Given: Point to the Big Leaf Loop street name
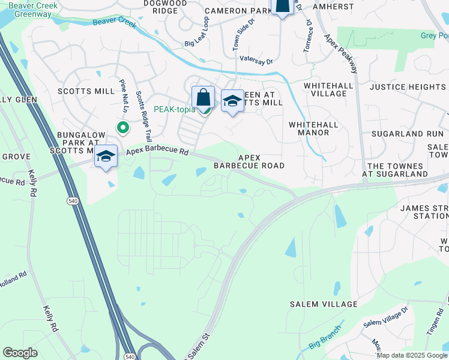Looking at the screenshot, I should tap(197, 31).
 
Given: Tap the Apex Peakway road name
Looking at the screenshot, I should tap(340, 52).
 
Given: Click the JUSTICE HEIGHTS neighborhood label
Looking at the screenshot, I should tap(407, 87).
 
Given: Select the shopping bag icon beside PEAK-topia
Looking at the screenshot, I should tap(203, 98).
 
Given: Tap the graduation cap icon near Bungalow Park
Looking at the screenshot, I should tap(106, 156).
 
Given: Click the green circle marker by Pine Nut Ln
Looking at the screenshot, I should tap(122, 127).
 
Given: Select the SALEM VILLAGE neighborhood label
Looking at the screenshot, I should tap(324, 304).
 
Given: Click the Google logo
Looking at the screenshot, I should tap(20, 352).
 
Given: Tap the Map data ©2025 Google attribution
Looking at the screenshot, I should tap(412, 355).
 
